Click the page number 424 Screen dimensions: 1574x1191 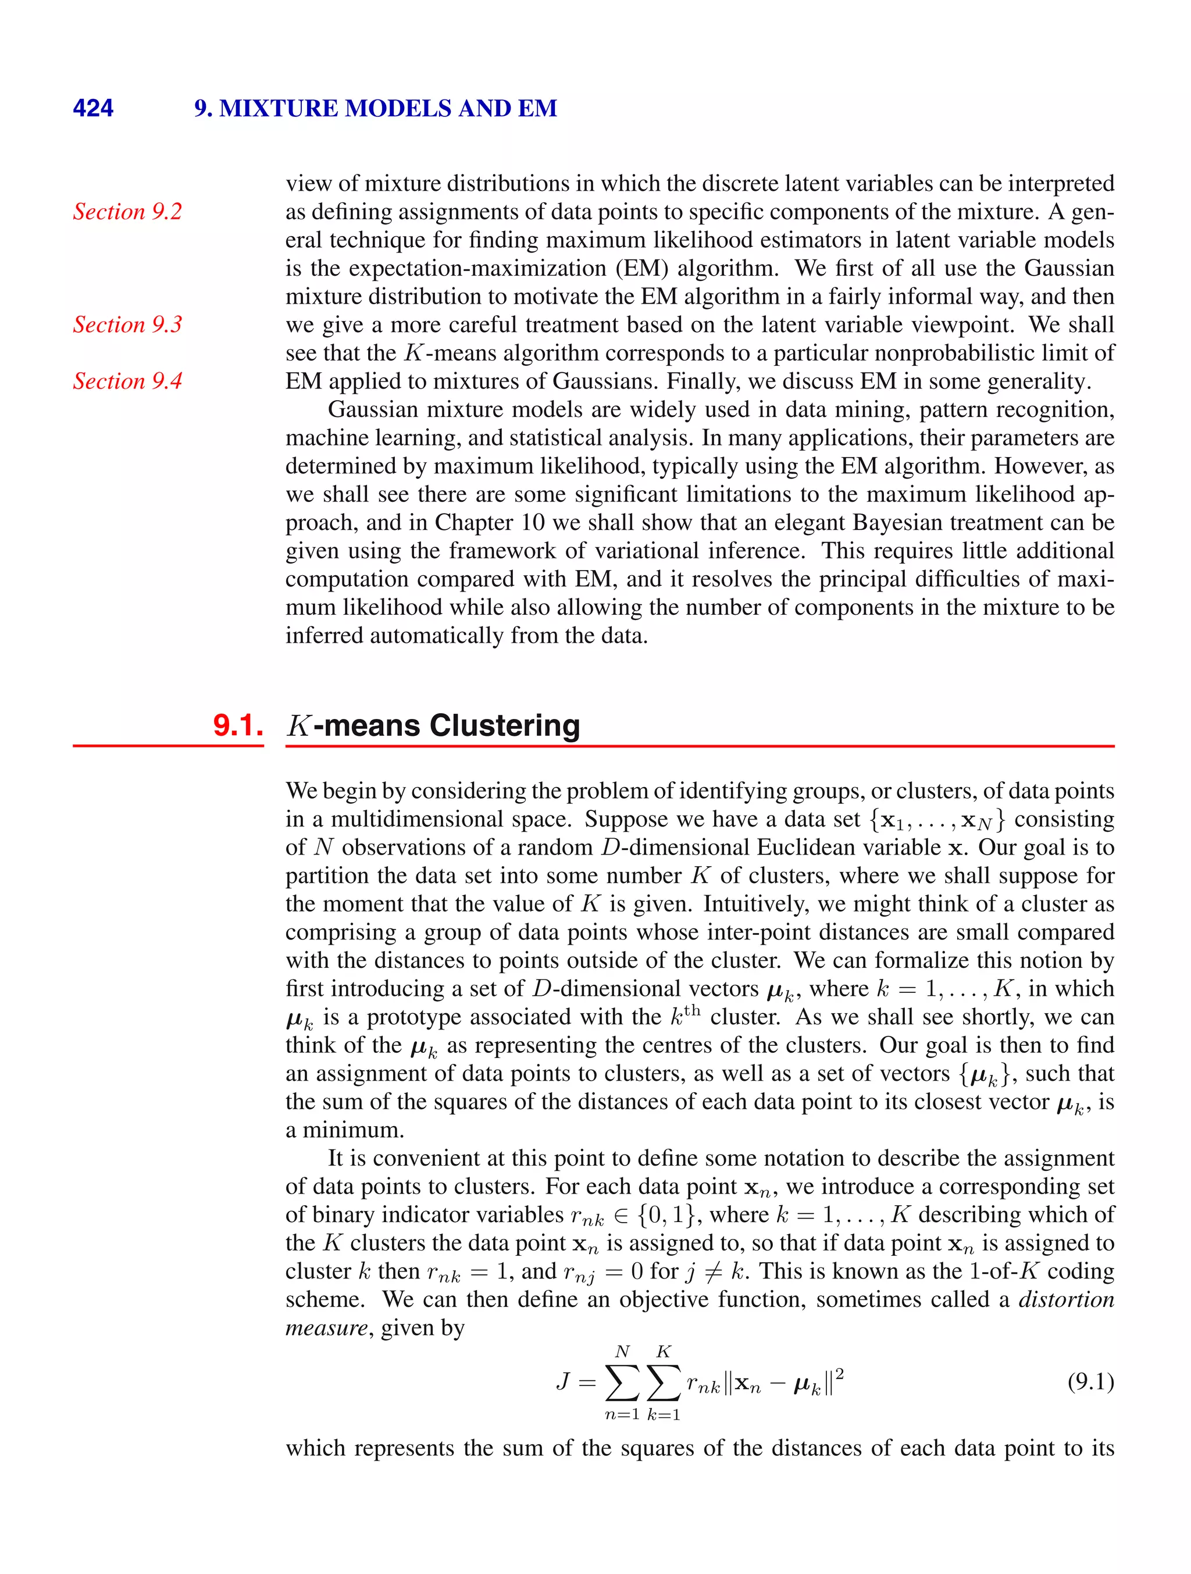(92, 108)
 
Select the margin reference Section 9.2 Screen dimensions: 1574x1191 (127, 211)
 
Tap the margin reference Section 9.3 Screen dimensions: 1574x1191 (127, 325)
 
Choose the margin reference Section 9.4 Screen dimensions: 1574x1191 (127, 380)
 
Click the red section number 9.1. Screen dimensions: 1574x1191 (238, 725)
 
